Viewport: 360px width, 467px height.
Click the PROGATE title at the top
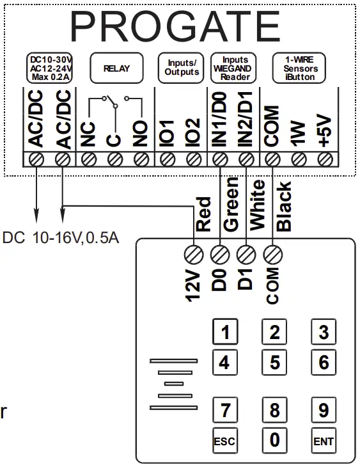pyautogui.click(x=175, y=27)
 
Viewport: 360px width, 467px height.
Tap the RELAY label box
pyautogui.click(x=114, y=68)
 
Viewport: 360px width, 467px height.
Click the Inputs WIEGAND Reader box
pyautogui.click(x=234, y=67)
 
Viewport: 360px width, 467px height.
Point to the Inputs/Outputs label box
pyautogui.click(x=180, y=68)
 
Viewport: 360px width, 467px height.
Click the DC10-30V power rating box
pyautogui.click(x=49, y=68)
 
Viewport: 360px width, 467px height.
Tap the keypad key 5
pyautogui.click(x=274, y=363)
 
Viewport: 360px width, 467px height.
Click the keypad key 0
pyautogui.click(x=274, y=440)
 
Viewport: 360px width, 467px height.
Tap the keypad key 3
pyautogui.click(x=324, y=333)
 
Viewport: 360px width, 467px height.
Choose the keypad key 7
pyautogui.click(x=224, y=409)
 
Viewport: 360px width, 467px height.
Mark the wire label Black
pyautogui.click(x=284, y=206)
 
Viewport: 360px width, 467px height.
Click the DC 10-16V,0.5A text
pyautogui.click(x=61, y=239)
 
